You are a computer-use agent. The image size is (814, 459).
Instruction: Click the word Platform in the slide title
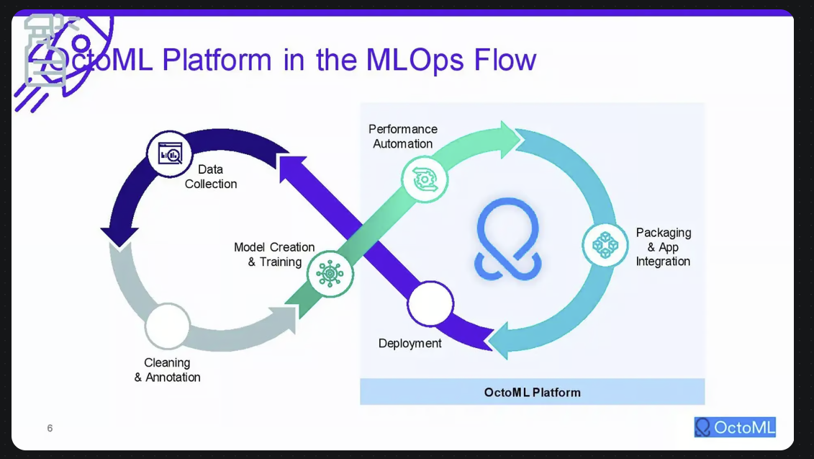[x=217, y=60]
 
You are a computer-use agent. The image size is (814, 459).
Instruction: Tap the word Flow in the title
[x=505, y=59]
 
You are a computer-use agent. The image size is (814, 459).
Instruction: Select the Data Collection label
[x=211, y=177]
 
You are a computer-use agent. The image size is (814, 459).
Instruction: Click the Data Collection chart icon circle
[x=169, y=154]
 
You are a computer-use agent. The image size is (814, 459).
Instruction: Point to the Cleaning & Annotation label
[x=167, y=370]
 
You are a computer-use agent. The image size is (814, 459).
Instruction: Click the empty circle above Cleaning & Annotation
[x=167, y=326]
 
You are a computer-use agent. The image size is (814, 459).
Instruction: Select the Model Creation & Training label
[x=274, y=254]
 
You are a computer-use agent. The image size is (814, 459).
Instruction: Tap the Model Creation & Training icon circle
[x=330, y=273]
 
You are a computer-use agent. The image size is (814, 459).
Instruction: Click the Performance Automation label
[x=403, y=136]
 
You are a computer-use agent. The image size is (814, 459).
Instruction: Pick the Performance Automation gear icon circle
[x=425, y=179]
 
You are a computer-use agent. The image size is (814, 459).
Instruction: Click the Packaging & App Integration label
[x=664, y=247]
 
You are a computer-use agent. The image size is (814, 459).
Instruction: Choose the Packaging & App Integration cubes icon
[x=605, y=245]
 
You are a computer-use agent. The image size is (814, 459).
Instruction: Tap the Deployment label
[x=410, y=343]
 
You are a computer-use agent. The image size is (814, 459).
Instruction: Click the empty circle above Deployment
[x=430, y=304]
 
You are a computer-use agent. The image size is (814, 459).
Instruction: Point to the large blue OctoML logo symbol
[x=508, y=239]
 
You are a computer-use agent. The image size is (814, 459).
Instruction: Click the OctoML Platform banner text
[x=532, y=393]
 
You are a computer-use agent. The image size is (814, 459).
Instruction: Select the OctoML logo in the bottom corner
[x=735, y=427]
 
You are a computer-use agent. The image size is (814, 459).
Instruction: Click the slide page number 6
[x=50, y=428]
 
